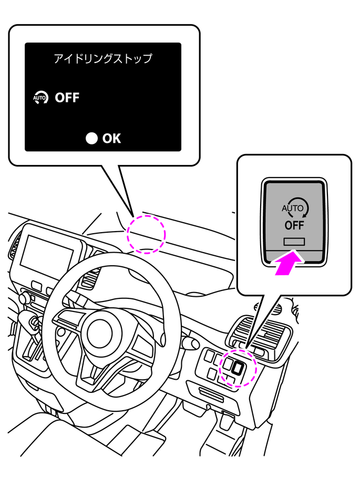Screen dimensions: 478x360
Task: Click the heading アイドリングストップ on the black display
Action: coord(103,58)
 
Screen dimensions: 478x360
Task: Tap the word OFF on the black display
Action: coord(67,98)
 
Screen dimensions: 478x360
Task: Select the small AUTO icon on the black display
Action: coord(40,98)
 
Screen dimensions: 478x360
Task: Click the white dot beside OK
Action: coord(92,138)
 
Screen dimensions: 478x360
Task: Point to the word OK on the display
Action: coord(111,138)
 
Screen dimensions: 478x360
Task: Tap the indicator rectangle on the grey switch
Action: coord(294,241)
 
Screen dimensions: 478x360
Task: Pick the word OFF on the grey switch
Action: coord(294,226)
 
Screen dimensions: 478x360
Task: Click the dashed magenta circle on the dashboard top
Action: coord(147,234)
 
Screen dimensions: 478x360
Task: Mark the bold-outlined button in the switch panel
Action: coord(238,368)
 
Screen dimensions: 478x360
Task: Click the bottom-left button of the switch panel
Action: coord(211,374)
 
